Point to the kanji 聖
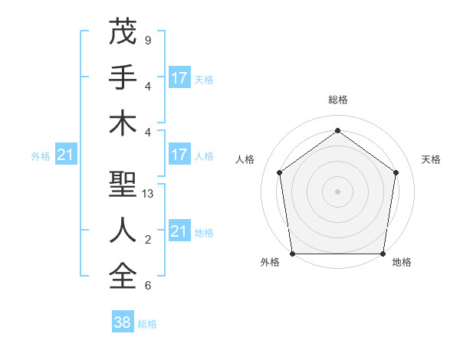tap(123, 184)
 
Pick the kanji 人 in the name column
tap(123, 229)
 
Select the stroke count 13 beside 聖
tap(148, 194)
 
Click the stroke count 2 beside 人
tap(147, 240)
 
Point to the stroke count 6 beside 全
tap(147, 286)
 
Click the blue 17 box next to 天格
tap(179, 78)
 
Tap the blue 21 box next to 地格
tap(179, 231)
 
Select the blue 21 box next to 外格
tap(66, 155)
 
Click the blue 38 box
tap(123, 323)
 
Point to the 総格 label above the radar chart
tap(338, 100)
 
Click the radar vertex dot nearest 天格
tap(396, 172)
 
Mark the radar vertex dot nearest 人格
tap(279, 172)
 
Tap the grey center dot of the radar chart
tap(338, 191)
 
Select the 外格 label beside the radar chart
tap(270, 263)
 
